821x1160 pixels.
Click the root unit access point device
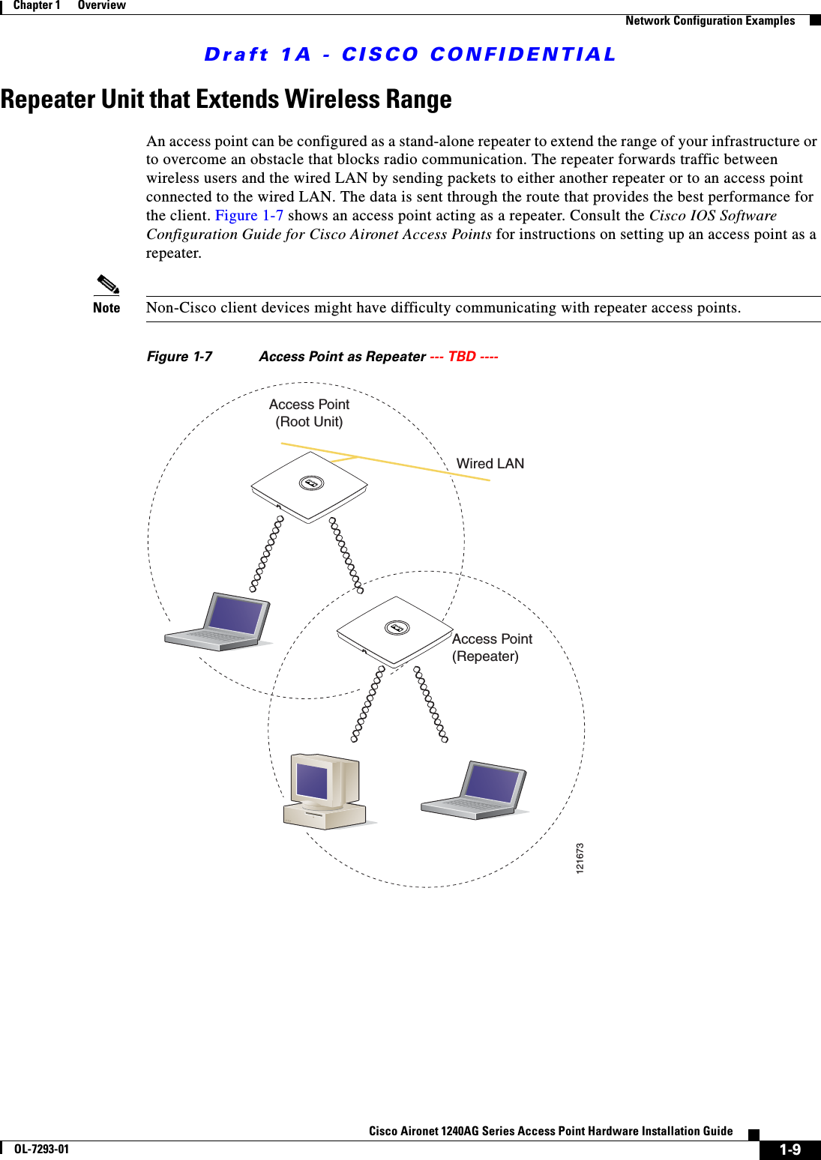click(x=309, y=486)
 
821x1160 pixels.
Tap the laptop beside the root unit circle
click(x=218, y=621)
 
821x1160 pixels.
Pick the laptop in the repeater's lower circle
click(x=475, y=791)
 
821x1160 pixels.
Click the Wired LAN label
click(x=490, y=464)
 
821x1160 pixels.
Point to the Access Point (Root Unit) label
click(x=309, y=413)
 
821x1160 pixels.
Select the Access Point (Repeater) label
click(x=492, y=647)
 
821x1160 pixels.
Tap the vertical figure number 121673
click(x=580, y=858)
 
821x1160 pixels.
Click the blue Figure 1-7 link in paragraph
click(x=249, y=216)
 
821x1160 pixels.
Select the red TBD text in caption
click(x=462, y=357)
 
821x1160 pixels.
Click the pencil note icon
click(x=108, y=285)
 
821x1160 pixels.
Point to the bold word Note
click(x=106, y=308)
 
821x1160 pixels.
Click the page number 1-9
click(x=790, y=1150)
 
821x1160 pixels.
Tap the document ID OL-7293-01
click(x=41, y=1149)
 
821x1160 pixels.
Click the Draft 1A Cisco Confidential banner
click(x=410, y=55)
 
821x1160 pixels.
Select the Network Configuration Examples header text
click(x=709, y=21)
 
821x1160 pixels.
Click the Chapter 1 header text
click(x=36, y=5)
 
